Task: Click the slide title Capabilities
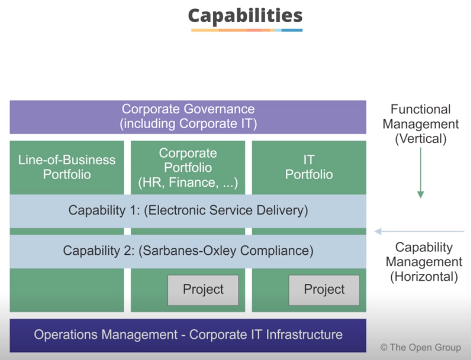point(245,16)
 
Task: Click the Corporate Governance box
point(188,117)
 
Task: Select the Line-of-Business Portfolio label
point(67,167)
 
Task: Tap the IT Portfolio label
point(309,167)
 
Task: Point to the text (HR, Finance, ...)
point(188,182)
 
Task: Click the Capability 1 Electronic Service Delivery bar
point(188,211)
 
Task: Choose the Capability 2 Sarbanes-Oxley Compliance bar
point(188,251)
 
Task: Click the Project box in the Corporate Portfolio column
point(203,290)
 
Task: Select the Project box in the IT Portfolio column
point(324,290)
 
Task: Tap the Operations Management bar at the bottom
point(188,335)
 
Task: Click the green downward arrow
point(420,173)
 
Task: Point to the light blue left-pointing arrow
point(419,231)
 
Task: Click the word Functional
point(420,109)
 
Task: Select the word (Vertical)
point(420,139)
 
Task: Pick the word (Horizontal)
point(424,276)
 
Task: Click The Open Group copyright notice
point(420,347)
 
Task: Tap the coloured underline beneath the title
point(247,30)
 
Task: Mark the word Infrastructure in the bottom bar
point(304,334)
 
